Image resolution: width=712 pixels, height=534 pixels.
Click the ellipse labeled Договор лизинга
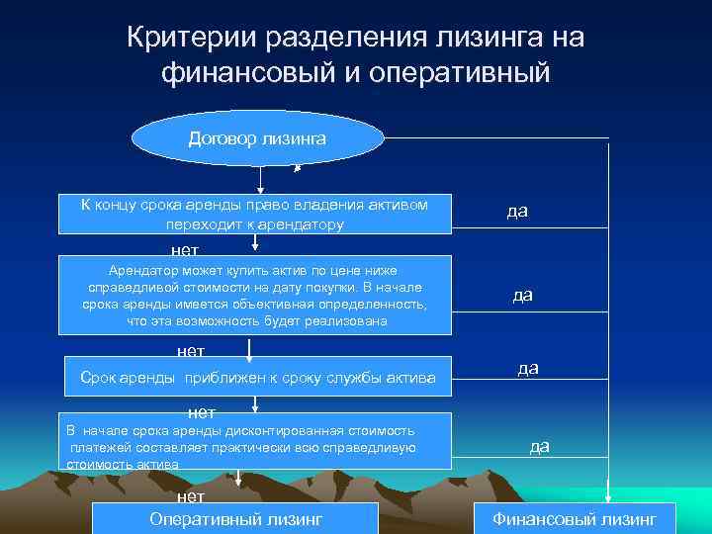point(256,138)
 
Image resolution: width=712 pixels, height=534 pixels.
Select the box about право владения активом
point(255,214)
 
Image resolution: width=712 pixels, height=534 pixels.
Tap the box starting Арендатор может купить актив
point(255,295)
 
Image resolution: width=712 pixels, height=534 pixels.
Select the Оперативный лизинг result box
point(235,518)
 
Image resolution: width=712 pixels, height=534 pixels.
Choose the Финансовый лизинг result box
point(575,518)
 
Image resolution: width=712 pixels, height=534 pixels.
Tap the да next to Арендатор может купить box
point(523,296)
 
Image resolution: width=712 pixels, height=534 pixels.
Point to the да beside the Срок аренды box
point(528,368)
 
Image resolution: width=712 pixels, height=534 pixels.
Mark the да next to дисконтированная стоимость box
point(540,446)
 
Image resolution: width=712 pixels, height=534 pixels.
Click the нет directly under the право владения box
point(184,250)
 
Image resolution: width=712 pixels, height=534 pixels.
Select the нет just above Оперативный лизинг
point(190,496)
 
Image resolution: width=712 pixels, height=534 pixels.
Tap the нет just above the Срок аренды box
point(190,350)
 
